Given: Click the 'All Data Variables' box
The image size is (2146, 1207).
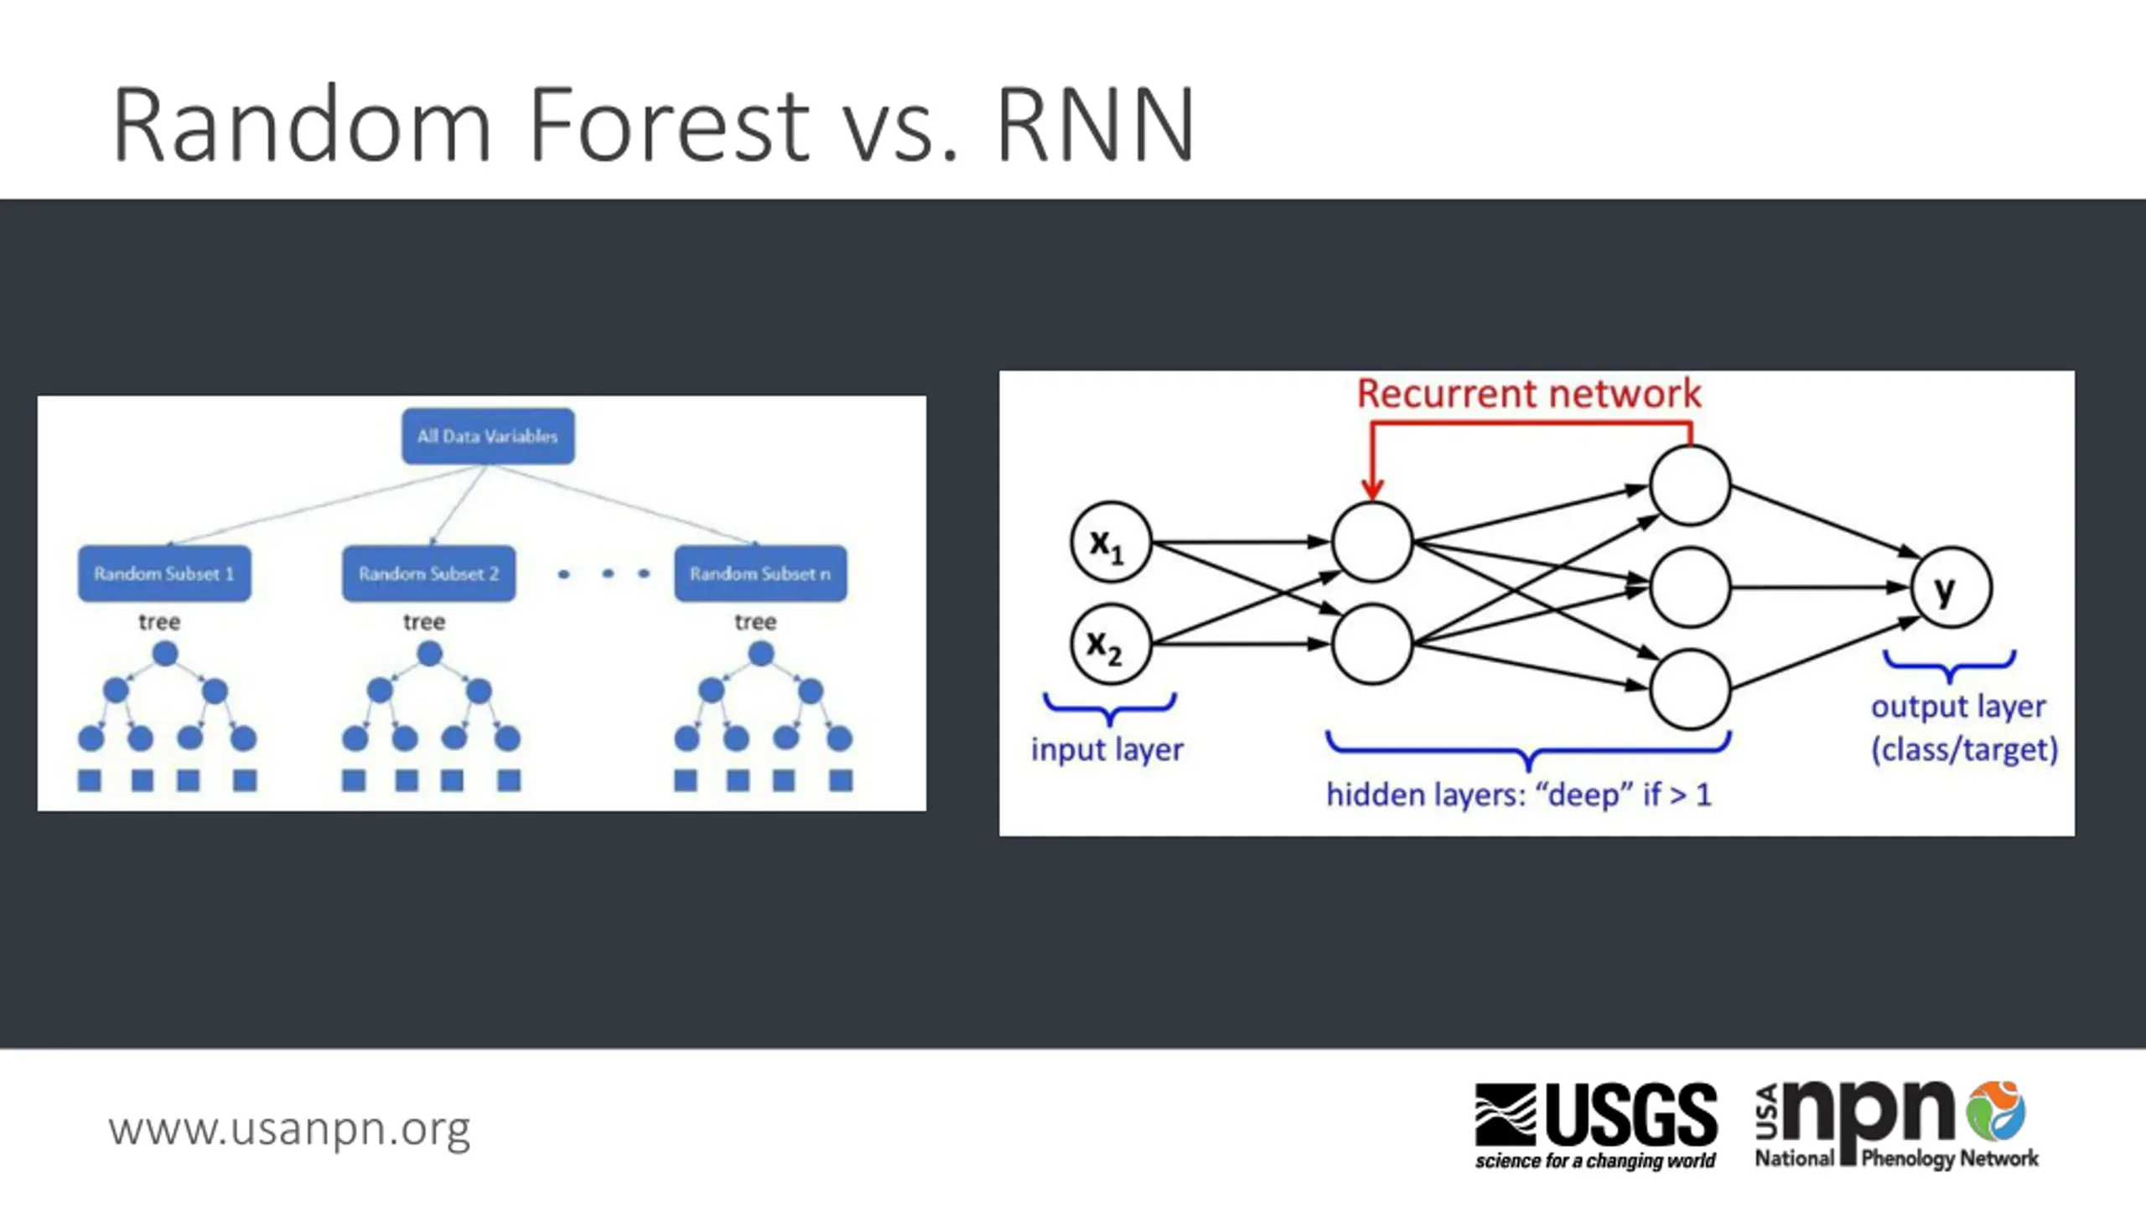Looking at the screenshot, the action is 488,436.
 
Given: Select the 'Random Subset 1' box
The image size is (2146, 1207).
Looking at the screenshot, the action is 164,573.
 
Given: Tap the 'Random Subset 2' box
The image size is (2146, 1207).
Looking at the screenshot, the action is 428,573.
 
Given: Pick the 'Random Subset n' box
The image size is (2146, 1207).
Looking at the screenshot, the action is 760,573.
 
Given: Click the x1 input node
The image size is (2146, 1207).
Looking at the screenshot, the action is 1111,542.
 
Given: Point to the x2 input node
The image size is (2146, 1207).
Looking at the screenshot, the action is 1111,644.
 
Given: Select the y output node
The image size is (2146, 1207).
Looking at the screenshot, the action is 1952,588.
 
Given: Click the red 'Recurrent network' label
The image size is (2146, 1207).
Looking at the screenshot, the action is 1529,394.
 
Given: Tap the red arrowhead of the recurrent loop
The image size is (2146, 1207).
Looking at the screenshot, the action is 1371,489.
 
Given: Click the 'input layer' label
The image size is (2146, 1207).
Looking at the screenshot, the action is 1107,749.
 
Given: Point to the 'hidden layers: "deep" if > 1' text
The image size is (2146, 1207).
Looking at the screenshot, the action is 1518,795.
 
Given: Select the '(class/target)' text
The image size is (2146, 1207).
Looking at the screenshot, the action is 1965,749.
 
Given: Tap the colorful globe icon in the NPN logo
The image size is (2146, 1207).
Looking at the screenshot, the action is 1997,1111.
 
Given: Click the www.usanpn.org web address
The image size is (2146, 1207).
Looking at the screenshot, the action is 289,1130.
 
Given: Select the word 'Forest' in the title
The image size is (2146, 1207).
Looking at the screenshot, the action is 669,125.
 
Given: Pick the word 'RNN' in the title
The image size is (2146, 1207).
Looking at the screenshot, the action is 1095,125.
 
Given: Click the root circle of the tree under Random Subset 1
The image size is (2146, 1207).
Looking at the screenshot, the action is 165,654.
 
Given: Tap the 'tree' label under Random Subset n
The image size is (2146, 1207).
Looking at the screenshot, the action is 755,622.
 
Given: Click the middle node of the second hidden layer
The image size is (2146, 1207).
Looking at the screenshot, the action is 1690,588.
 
